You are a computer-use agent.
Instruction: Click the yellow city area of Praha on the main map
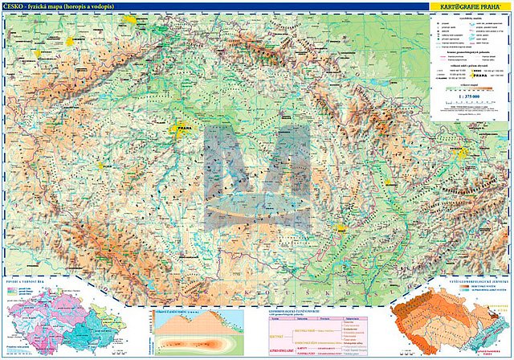181,127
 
